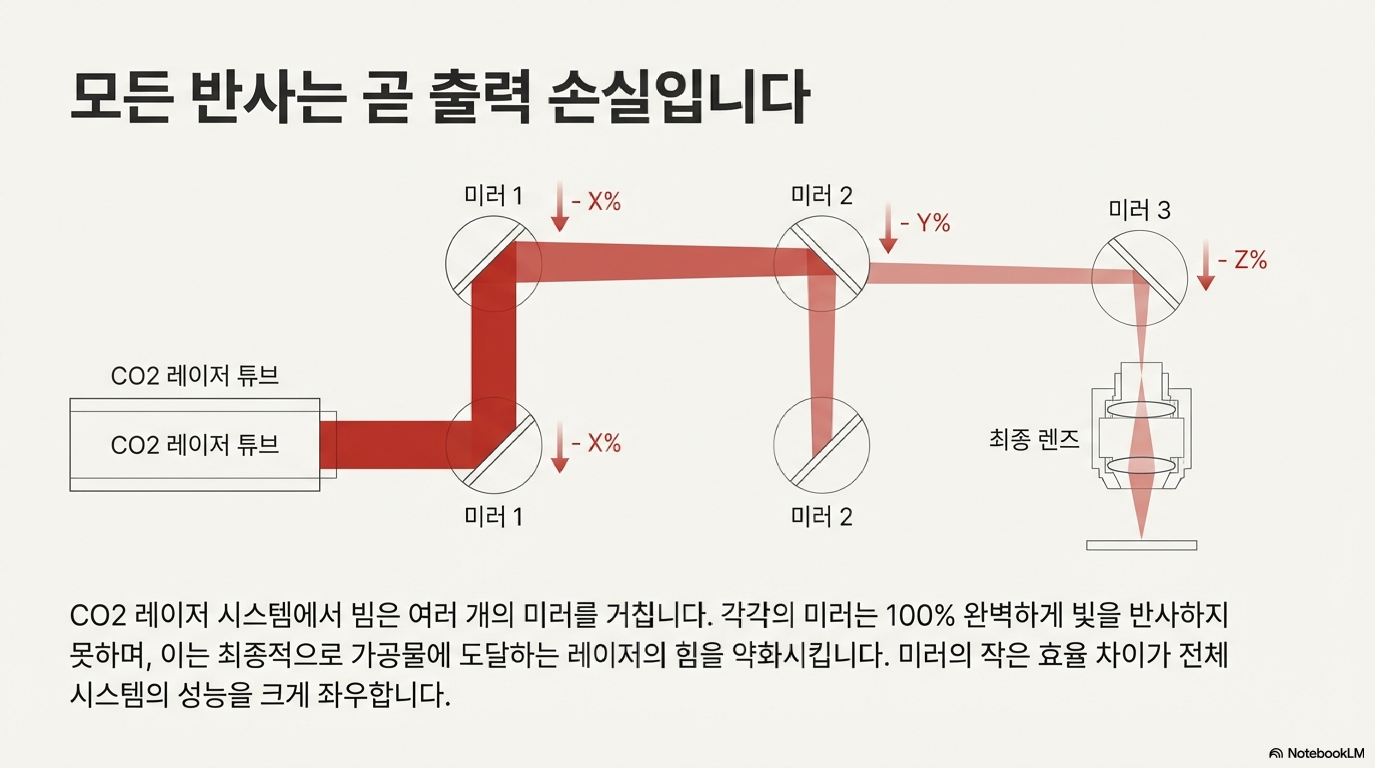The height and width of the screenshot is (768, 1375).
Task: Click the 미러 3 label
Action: click(1140, 210)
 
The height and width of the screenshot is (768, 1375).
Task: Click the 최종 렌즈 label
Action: click(1034, 439)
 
